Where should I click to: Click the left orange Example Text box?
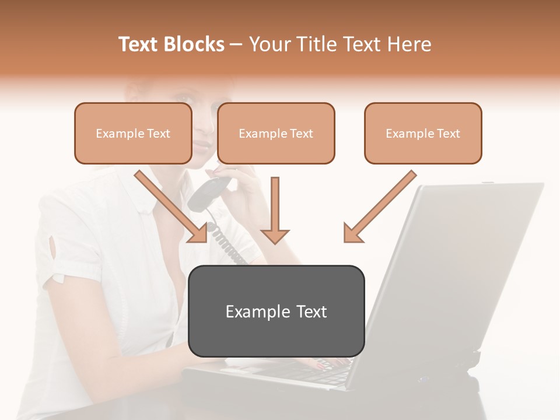[x=133, y=133]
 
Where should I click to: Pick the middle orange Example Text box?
[x=276, y=133]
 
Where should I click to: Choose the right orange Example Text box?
[x=423, y=133]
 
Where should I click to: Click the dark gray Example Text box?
[x=276, y=311]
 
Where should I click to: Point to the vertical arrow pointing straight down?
[x=275, y=210]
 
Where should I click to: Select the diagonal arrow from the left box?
[x=172, y=207]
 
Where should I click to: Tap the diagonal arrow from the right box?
[x=379, y=207]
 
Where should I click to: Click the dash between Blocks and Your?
[x=236, y=45]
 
